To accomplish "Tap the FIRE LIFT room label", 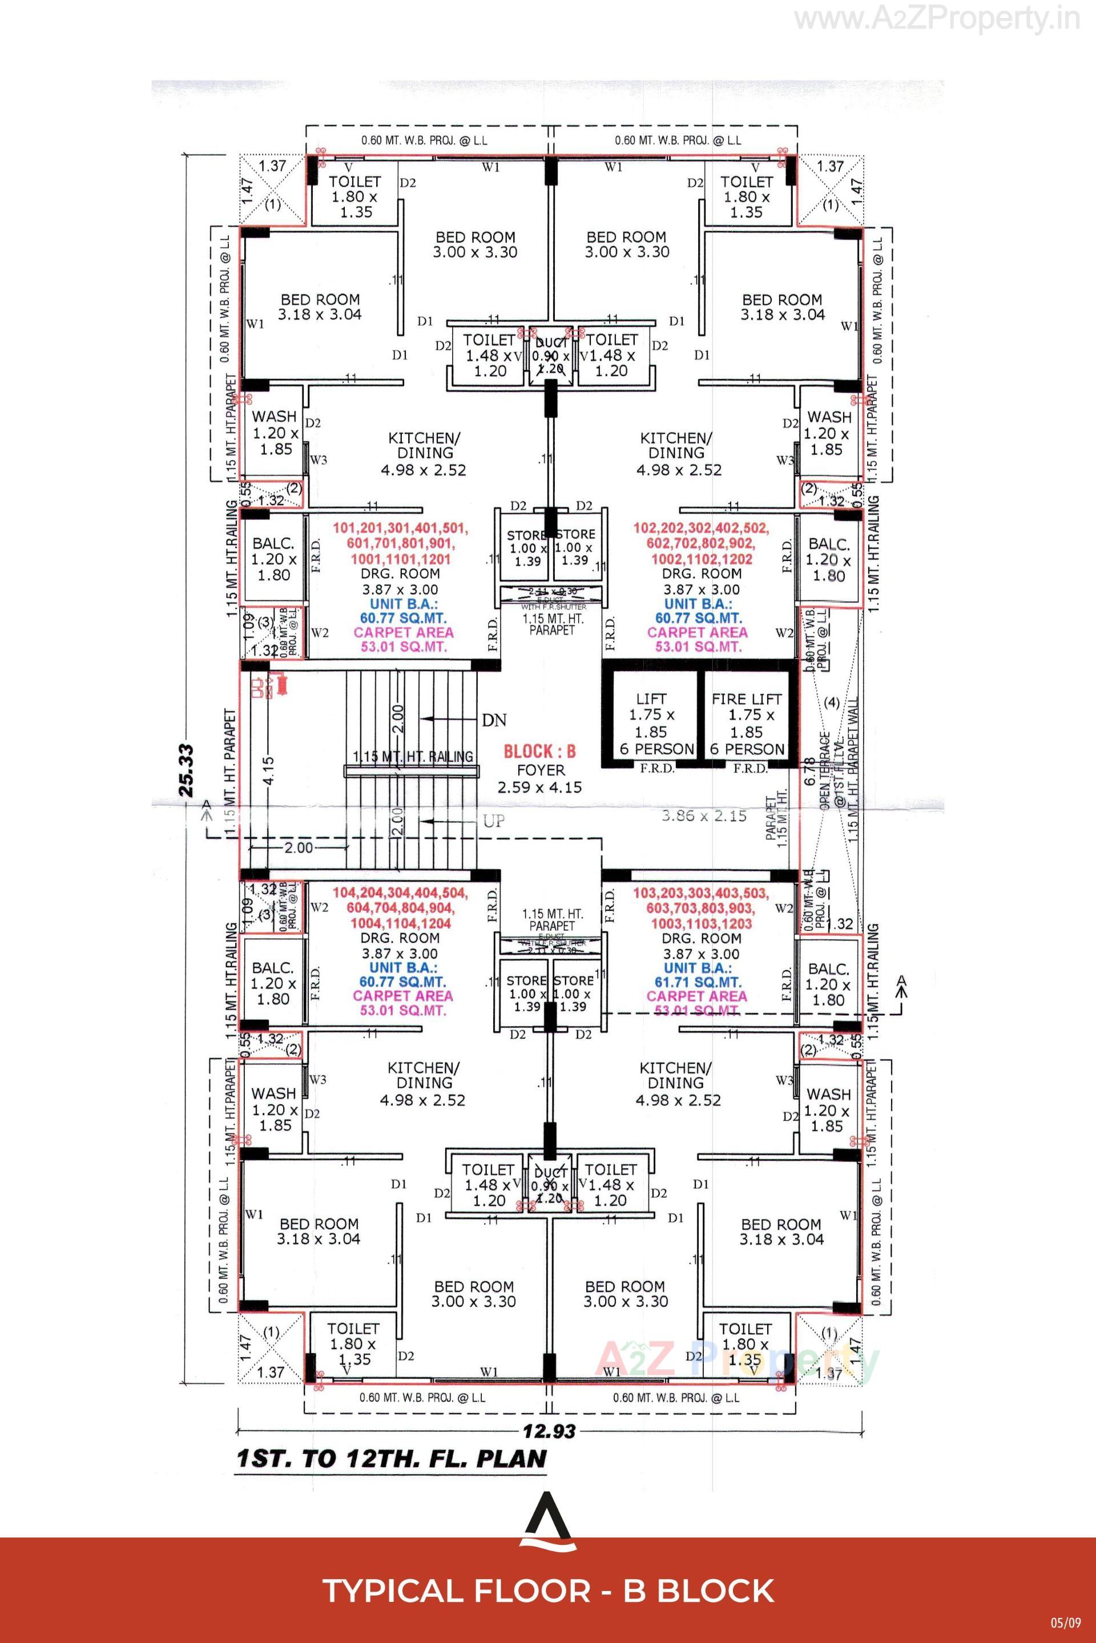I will [747, 699].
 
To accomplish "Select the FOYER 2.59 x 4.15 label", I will [539, 778].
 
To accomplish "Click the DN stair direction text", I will [494, 720].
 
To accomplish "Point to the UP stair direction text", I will [493, 821].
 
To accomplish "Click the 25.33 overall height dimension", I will [187, 770].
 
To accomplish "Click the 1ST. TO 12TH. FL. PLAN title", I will [392, 1459].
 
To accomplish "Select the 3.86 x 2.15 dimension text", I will [704, 816].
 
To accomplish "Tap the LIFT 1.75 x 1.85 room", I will [651, 716].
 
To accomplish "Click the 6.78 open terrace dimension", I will [809, 772].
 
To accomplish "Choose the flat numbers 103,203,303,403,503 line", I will [700, 893].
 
